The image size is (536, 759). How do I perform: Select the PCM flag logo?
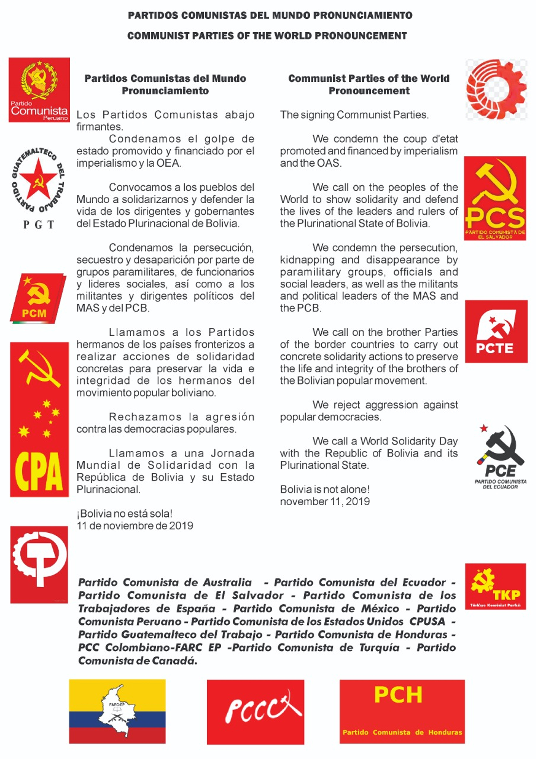point(37,298)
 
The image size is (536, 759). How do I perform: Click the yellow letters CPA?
point(39,471)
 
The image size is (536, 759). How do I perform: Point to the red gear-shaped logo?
point(496,90)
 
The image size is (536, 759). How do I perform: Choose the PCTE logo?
point(496,331)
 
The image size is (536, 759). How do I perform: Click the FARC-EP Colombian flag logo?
point(117,711)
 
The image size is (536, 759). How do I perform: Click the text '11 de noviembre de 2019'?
point(135,526)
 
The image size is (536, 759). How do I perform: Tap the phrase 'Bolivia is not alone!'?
point(325,489)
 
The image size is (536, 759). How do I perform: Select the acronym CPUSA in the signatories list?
point(427,621)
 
